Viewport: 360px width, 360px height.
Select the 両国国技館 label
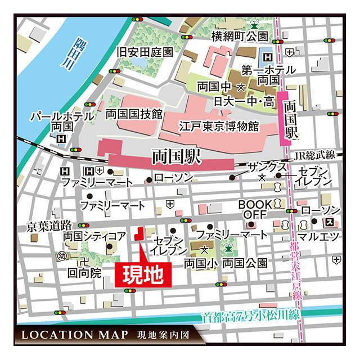coord(134,114)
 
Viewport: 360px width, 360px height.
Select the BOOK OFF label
coord(254,209)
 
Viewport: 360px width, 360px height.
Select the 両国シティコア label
coord(94,237)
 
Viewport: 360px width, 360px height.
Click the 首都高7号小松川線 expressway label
coord(252,317)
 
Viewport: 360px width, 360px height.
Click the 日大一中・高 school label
coord(244,101)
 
